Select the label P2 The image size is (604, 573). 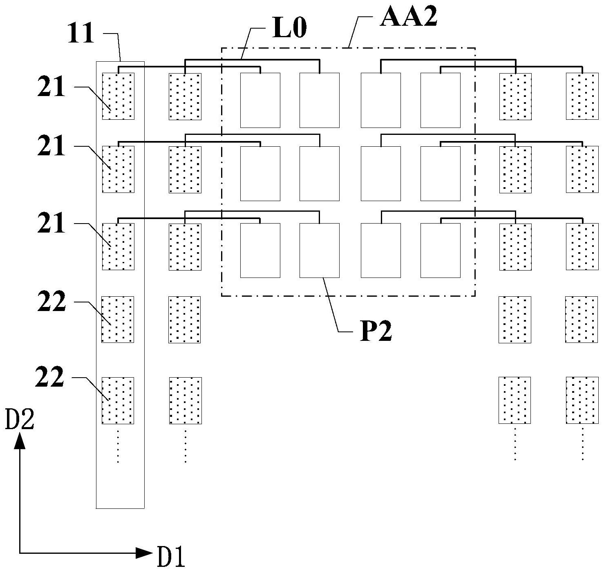tap(376, 331)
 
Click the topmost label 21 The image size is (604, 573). tap(51, 87)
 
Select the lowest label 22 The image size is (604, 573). tap(50, 377)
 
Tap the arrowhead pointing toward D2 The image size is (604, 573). tap(20, 441)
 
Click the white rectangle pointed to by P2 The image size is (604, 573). tap(319, 250)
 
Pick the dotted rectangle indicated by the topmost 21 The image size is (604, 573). tap(118, 96)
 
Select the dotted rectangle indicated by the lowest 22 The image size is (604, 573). tap(118, 401)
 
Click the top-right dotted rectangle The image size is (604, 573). tap(582, 96)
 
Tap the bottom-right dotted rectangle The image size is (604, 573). tap(582, 400)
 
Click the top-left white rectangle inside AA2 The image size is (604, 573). tap(260, 100)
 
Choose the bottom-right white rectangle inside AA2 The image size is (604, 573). tap(440, 250)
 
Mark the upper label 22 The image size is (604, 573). tap(51, 303)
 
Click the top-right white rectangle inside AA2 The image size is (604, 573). tap(440, 100)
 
